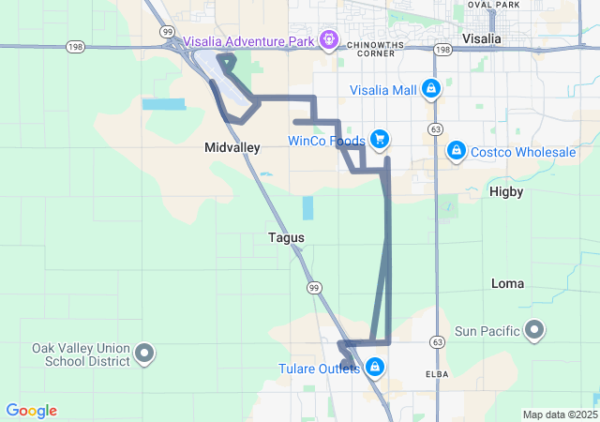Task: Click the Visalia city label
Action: [482, 38]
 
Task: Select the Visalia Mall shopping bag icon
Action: [430, 89]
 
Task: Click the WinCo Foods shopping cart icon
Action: [380, 141]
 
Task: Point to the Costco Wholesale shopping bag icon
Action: [456, 150]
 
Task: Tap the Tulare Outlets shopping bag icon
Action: [375, 367]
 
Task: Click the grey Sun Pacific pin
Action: [534, 329]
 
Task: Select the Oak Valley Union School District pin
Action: [144, 354]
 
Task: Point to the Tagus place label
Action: [286, 238]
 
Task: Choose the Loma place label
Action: [508, 283]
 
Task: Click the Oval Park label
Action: [493, 5]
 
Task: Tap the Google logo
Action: [31, 411]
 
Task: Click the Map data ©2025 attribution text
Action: [559, 414]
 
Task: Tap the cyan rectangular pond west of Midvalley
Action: [164, 103]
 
